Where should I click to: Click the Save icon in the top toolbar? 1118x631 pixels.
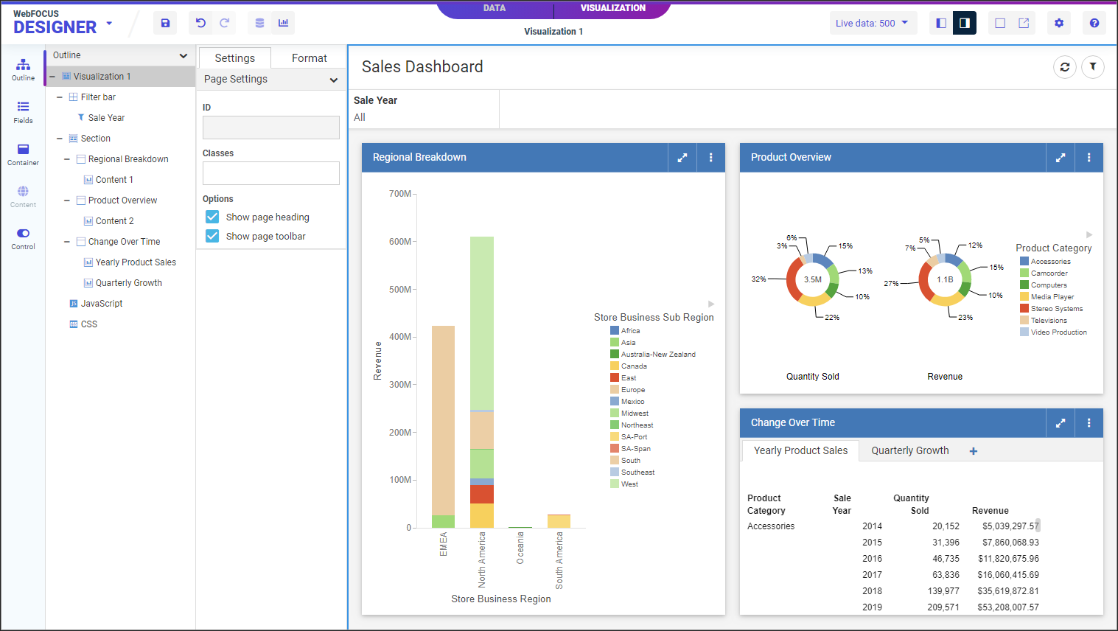[165, 23]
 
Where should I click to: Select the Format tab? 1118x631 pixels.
[309, 58]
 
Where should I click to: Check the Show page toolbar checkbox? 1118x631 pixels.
[212, 236]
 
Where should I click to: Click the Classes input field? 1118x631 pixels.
[270, 173]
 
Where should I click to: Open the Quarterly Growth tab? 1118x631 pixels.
[909, 450]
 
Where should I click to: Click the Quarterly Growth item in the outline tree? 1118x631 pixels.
[128, 283]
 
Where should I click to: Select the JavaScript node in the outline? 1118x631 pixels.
[102, 304]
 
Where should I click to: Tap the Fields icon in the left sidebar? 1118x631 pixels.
[23, 111]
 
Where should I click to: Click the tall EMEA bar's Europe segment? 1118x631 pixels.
[443, 420]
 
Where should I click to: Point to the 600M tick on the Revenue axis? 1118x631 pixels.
[400, 242]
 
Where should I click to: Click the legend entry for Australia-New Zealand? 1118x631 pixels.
[657, 355]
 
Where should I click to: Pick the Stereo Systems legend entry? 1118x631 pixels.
[1056, 309]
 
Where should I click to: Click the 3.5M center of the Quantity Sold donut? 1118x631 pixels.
[812, 279]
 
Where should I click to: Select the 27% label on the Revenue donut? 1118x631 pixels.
[891, 283]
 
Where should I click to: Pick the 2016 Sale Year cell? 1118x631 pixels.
[872, 559]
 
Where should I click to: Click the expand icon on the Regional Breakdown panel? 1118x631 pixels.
[682, 157]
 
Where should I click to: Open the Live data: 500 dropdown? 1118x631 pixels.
[873, 23]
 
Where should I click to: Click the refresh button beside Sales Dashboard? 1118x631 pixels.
[1064, 67]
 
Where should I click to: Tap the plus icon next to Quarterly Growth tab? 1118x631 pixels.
[974, 451]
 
